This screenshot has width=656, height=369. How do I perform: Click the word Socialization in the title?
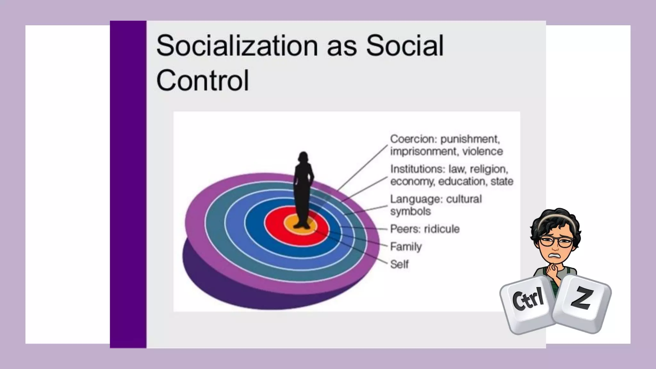point(237,45)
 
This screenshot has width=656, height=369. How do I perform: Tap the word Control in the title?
point(202,80)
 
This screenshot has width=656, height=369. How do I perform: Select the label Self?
point(399,264)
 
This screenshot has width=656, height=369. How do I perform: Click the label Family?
point(406,247)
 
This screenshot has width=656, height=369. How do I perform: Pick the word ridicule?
point(442,229)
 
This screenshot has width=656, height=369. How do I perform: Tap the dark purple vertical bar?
point(128,184)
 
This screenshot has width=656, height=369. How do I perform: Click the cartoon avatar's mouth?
point(555,256)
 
